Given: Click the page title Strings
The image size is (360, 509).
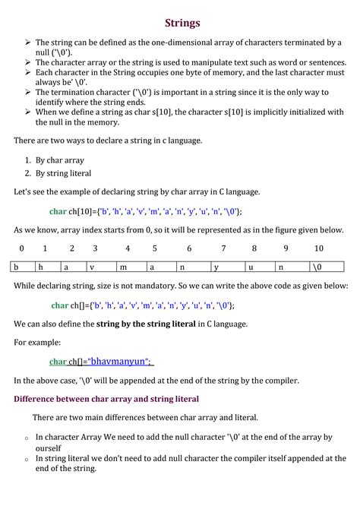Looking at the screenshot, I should [x=182, y=23].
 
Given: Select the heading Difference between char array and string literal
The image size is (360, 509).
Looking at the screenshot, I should [x=106, y=398].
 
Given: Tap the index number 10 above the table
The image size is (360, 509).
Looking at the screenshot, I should [x=318, y=248].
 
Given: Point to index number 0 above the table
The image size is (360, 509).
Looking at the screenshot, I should [x=22, y=248].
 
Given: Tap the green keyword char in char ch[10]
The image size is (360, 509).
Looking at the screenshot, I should [x=58, y=211].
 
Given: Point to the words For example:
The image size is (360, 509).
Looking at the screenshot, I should [x=38, y=343].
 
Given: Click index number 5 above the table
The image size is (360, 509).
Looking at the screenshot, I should [x=154, y=248].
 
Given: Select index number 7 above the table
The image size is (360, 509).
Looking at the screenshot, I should [x=223, y=248].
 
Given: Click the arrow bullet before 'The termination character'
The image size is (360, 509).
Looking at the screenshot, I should [x=27, y=92].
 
